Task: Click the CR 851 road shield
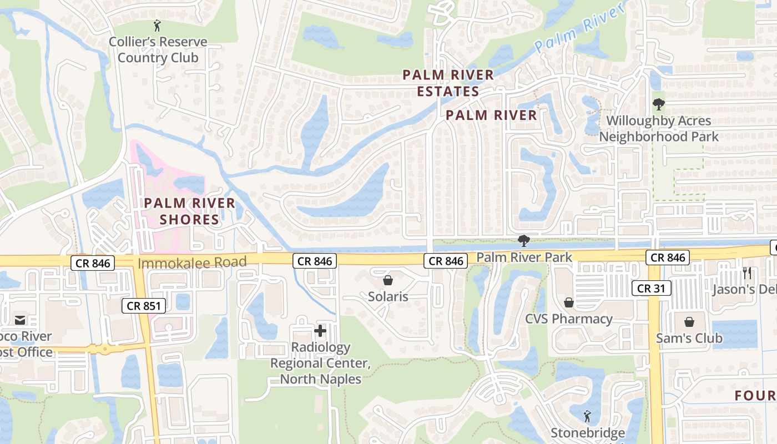[143, 305]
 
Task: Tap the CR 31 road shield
[652, 288]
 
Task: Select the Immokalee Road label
[192, 263]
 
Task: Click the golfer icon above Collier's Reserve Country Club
[158, 25]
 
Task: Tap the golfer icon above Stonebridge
[587, 416]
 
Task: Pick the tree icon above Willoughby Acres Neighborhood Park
[658, 104]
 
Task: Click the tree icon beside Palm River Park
[523, 241]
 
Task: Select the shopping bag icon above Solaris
[388, 280]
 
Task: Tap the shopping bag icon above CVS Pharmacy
[569, 302]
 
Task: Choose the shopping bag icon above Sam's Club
[689, 322]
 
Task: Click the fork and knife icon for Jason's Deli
[747, 273]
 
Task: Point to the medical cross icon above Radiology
[320, 331]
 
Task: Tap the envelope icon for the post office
[20, 320]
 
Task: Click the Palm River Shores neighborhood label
[190, 211]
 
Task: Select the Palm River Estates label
[448, 83]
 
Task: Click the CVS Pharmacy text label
[569, 319]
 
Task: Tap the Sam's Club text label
[689, 338]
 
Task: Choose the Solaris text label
[388, 297]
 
